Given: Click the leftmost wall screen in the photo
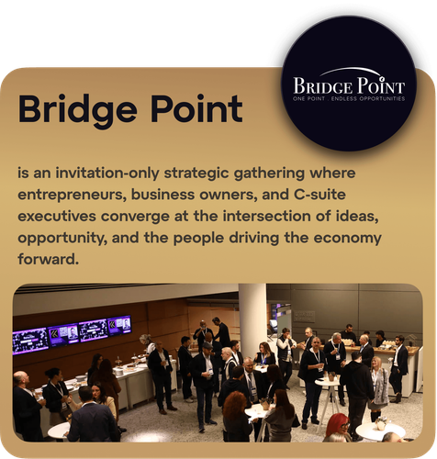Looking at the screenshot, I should (x=30, y=340).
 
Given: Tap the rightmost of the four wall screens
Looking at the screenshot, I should (x=118, y=325).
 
